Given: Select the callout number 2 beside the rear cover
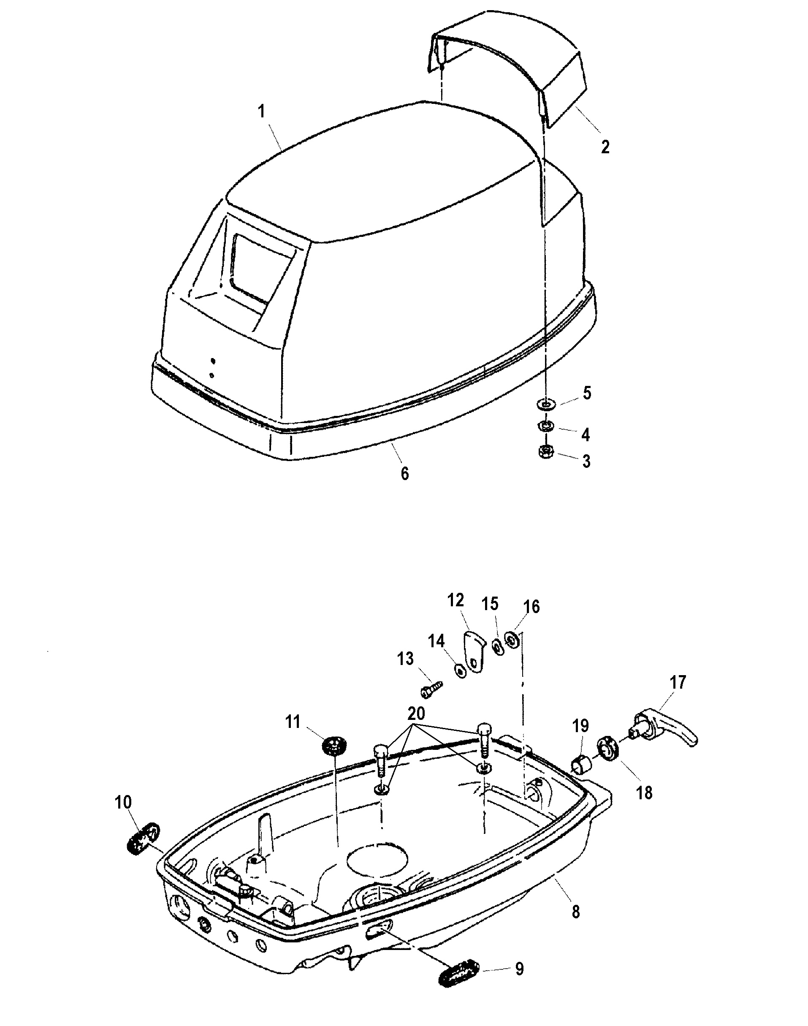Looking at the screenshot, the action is click(x=605, y=147).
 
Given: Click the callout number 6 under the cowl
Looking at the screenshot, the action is click(x=405, y=473).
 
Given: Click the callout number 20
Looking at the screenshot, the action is click(x=416, y=712).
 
